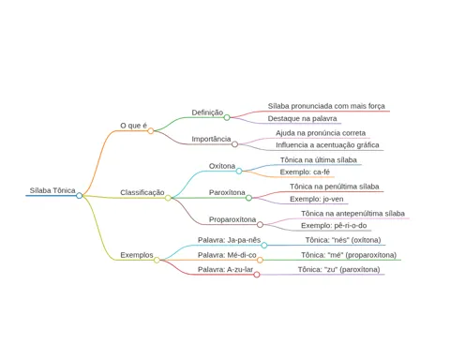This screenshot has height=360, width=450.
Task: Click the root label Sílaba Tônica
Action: (52, 190)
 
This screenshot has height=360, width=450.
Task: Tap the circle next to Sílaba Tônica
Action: (80, 196)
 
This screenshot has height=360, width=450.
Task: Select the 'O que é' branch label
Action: (133, 126)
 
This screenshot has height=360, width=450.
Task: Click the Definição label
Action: (207, 112)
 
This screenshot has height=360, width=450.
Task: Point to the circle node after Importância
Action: (234, 144)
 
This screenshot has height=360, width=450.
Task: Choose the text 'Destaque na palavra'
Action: (302, 119)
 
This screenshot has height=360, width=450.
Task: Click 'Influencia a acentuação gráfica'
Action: (327, 145)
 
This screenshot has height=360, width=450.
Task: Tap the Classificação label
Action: (142, 192)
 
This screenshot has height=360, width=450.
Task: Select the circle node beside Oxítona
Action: (239, 171)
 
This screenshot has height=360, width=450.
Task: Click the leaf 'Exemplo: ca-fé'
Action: (305, 172)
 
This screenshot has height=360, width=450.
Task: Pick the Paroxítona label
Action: (227, 192)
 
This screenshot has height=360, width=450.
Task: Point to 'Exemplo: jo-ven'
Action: (317, 199)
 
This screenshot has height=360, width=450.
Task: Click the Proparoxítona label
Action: (232, 219)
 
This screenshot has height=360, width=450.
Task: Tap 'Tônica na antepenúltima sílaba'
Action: (352, 214)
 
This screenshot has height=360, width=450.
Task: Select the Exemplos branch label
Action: (137, 255)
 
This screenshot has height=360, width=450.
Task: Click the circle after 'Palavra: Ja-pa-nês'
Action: (264, 246)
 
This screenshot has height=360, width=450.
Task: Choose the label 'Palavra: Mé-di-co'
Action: (227, 255)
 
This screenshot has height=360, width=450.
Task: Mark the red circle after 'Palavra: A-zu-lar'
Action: (257, 275)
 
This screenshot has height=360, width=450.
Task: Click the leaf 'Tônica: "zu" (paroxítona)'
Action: (338, 269)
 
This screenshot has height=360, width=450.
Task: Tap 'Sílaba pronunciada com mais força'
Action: (326, 106)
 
